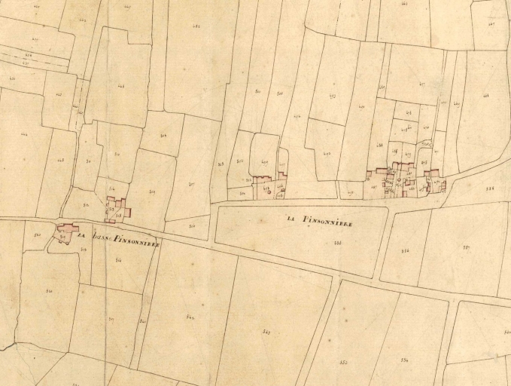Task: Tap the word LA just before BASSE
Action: (x=86, y=237)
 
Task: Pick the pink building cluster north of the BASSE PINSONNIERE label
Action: (x=116, y=209)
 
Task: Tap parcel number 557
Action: (x=466, y=247)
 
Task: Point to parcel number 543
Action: (x=190, y=317)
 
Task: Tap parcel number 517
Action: (x=111, y=318)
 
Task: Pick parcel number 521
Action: (x=49, y=291)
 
